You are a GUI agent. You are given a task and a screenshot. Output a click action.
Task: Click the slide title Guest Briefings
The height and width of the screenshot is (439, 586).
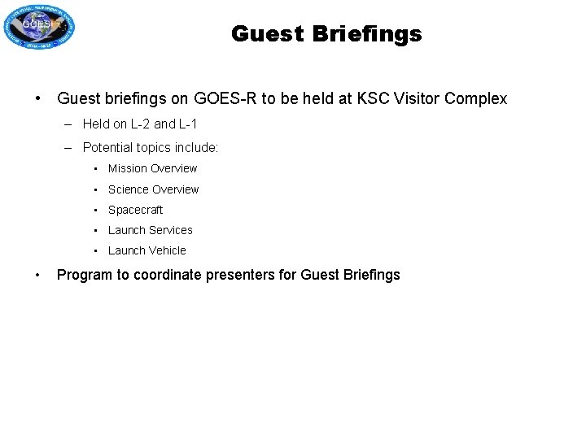(326, 34)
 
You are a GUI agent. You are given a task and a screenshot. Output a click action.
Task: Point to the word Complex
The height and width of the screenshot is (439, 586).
(474, 99)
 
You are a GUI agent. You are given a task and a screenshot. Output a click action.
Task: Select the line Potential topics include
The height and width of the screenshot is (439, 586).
(151, 149)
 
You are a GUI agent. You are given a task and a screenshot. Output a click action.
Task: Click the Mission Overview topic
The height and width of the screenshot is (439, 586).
(152, 169)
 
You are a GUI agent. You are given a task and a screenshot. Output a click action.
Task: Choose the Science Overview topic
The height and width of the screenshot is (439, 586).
(153, 189)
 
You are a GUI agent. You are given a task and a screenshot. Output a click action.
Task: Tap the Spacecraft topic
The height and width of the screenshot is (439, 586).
(135, 210)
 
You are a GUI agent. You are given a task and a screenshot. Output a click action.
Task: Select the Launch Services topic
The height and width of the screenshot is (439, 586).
(150, 230)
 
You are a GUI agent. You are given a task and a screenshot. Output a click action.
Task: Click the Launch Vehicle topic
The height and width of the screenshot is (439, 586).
(146, 250)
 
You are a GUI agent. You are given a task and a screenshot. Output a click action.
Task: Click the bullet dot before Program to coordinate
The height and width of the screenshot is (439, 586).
(38, 274)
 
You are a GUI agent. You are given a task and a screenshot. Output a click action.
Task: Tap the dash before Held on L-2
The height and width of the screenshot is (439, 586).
(65, 124)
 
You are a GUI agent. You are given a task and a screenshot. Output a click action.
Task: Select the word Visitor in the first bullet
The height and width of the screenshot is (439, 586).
(415, 99)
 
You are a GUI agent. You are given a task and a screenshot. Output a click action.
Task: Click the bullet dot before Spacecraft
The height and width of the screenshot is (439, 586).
(96, 210)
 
